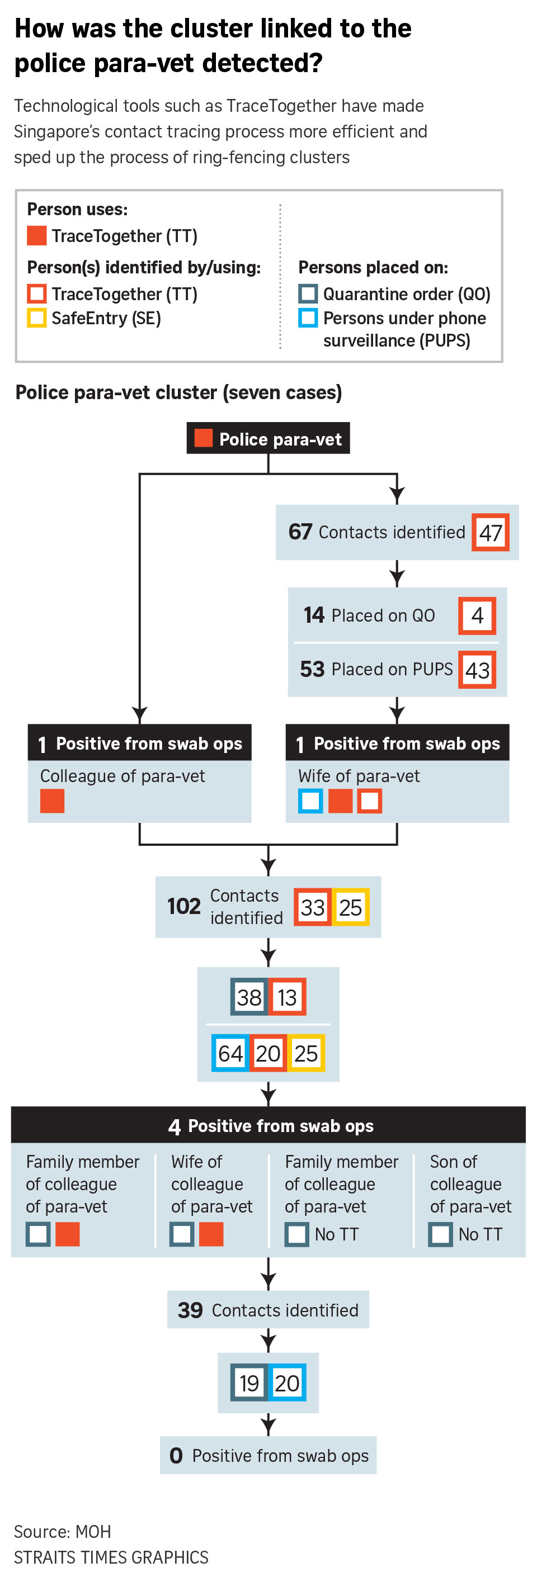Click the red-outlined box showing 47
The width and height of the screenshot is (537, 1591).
(x=490, y=532)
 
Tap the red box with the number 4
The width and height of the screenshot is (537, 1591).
(x=477, y=615)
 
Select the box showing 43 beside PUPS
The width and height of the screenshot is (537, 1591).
(x=477, y=670)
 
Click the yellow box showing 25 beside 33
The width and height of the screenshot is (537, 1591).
(x=350, y=907)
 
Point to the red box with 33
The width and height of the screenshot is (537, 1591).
(x=313, y=907)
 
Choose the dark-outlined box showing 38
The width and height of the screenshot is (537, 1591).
(x=249, y=997)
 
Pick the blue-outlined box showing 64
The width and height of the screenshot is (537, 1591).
(x=230, y=1053)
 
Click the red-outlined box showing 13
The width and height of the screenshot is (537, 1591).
(x=287, y=997)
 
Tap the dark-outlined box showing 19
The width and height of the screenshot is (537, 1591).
(x=249, y=1383)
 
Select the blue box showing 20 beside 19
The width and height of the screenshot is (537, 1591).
(x=287, y=1383)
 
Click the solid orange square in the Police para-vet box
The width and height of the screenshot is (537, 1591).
(x=203, y=438)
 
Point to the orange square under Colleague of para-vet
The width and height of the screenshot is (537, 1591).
(x=52, y=801)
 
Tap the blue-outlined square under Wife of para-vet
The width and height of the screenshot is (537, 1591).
(x=310, y=801)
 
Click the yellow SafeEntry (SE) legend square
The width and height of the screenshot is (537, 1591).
(x=36, y=318)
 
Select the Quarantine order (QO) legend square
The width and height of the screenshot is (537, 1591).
(x=308, y=293)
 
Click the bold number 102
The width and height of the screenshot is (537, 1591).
(x=183, y=906)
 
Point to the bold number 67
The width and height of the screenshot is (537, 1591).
(x=300, y=532)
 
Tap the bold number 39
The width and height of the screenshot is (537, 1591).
(x=190, y=1310)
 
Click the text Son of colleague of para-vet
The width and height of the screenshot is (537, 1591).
(x=470, y=1184)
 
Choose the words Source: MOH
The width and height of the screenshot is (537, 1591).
(x=63, y=1532)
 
